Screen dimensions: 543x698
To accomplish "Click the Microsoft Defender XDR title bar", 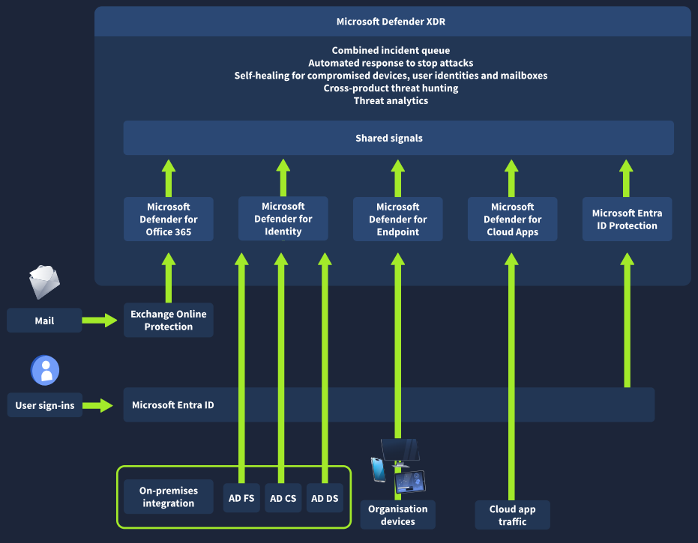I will point(392,22).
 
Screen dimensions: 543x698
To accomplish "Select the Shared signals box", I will point(398,138).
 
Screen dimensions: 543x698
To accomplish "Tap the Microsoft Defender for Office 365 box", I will point(169,219).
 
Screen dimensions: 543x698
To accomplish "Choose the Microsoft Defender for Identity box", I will point(283,219).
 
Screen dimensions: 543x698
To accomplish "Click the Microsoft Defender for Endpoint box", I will point(397,219).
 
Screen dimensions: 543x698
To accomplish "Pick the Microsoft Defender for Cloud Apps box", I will point(512,219).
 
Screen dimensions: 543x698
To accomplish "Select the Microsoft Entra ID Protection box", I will point(627,219).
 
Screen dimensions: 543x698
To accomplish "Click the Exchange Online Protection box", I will point(169,321).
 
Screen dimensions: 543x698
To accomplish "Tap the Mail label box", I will point(44,321).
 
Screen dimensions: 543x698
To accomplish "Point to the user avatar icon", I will point(45,370).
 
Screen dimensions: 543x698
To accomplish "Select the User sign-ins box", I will point(45,405).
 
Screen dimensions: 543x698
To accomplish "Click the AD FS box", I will point(241,498).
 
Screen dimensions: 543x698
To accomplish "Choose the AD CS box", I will point(283,498).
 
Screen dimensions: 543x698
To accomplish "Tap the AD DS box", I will point(325,498).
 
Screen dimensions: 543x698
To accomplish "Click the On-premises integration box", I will point(169,497).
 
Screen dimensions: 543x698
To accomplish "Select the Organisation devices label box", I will point(397,515).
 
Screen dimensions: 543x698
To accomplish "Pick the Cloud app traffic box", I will point(512,515).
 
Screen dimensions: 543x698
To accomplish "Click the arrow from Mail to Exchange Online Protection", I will point(100,321).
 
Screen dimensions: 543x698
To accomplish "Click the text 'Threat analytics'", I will point(391,100).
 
